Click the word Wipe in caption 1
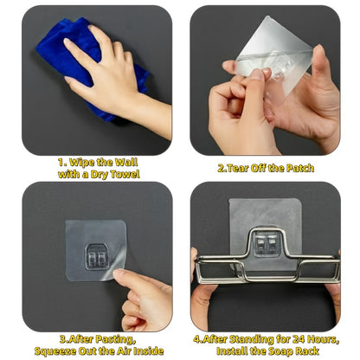[81, 163]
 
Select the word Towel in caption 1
[125, 174]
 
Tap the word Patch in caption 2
[300, 168]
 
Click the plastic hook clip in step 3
[97, 257]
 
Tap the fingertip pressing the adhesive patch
[119, 274]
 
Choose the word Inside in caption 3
[149, 351]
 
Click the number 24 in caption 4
[298, 339]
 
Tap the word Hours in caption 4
[323, 339]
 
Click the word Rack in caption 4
[308, 351]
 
